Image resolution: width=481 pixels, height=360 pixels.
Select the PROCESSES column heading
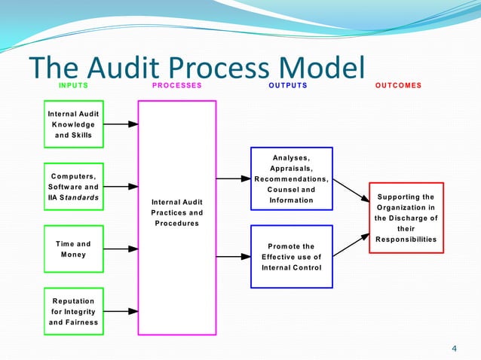pyautogui.click(x=177, y=86)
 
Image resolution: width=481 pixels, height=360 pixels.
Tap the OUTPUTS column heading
pyautogui.click(x=288, y=86)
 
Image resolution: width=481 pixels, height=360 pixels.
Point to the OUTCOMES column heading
pyautogui.click(x=398, y=86)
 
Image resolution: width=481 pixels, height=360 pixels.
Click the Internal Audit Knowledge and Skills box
pyautogui.click(x=73, y=124)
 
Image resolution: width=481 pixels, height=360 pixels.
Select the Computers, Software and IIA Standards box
pyautogui.click(x=73, y=187)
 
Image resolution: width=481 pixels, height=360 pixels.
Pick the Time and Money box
pyautogui.click(x=73, y=249)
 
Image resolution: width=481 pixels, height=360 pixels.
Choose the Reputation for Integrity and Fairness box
pyautogui.click(x=73, y=311)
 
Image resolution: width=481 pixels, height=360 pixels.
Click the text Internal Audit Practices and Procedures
pyautogui.click(x=177, y=212)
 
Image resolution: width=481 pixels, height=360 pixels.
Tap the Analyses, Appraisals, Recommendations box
pyautogui.click(x=291, y=179)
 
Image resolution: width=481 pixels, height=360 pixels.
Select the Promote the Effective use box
pyautogui.click(x=291, y=256)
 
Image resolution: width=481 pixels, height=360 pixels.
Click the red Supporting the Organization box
pyautogui.click(x=406, y=218)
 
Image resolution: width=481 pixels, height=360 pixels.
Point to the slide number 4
pyautogui.click(x=454, y=348)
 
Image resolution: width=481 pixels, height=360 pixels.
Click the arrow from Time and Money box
pyautogui.click(x=119, y=249)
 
